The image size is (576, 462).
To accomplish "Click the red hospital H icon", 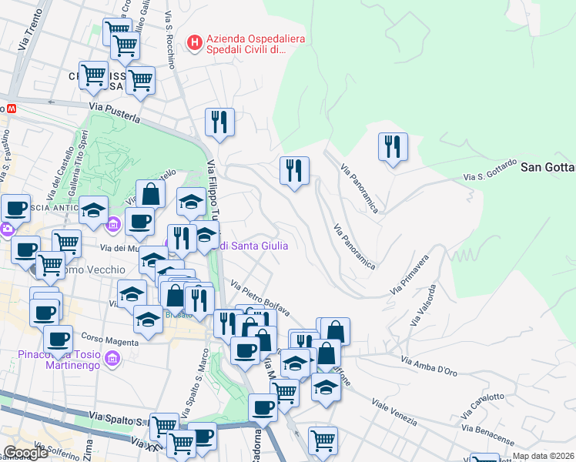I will pyautogui.click(x=195, y=41).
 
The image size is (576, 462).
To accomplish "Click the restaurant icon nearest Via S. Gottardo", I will pyautogui.click(x=393, y=146).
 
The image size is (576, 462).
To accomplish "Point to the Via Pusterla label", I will pyautogui.click(x=115, y=112).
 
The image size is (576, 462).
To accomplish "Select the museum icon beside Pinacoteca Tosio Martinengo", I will pyautogui.click(x=114, y=359).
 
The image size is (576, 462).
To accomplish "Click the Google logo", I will pyautogui.click(x=25, y=453).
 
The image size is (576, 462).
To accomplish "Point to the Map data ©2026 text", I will pyautogui.click(x=543, y=456).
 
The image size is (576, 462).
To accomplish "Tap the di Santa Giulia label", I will pyautogui.click(x=253, y=246).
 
